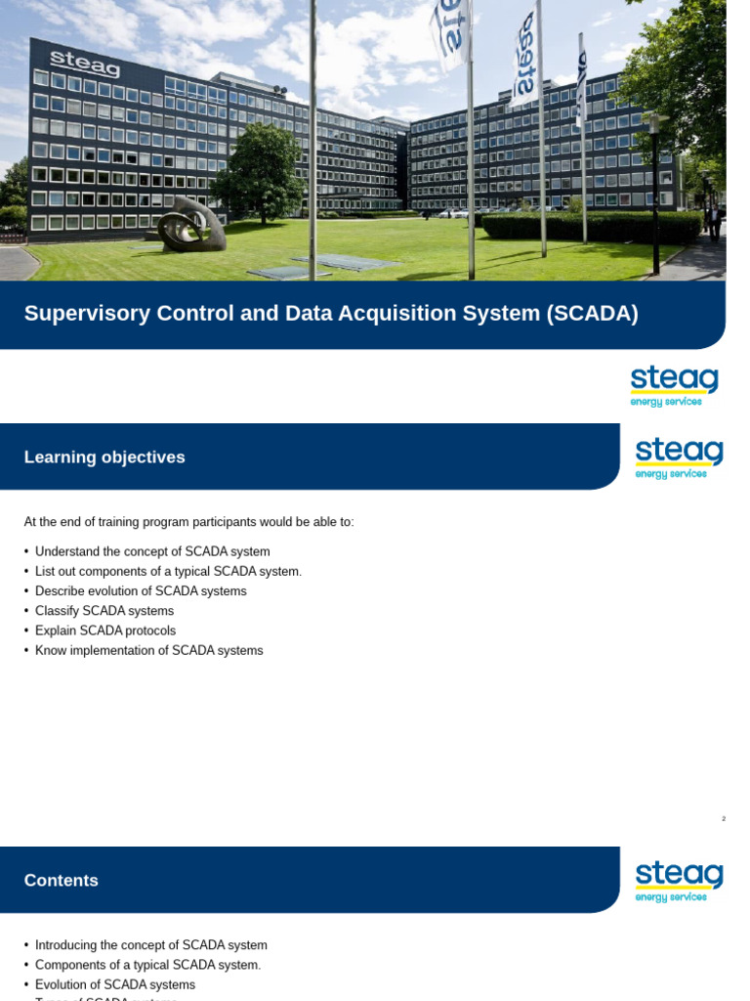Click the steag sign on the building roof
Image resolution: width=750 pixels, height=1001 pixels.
pyautogui.click(x=85, y=64)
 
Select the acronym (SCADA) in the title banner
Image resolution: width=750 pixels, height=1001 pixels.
pyautogui.click(x=592, y=314)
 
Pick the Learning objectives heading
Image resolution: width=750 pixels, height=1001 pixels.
pyautogui.click(x=104, y=457)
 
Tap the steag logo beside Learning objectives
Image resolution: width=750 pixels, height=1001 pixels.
pyautogui.click(x=679, y=458)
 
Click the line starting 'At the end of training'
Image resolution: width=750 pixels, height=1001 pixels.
pyautogui.click(x=188, y=522)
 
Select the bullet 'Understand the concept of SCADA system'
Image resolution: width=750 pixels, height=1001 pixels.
pyautogui.click(x=152, y=551)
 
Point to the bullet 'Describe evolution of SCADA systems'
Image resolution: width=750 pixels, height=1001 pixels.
pyautogui.click(x=141, y=591)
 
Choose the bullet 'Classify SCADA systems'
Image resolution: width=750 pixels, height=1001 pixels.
pyautogui.click(x=104, y=611)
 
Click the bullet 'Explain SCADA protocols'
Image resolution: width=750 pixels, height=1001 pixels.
pyautogui.click(x=105, y=631)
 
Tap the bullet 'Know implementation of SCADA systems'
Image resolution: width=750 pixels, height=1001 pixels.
pyautogui.click(x=148, y=650)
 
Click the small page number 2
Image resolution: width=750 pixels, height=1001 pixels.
pyautogui.click(x=724, y=818)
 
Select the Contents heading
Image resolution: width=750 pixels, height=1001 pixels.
pyautogui.click(x=62, y=881)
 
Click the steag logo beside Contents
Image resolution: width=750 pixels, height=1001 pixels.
pyautogui.click(x=679, y=881)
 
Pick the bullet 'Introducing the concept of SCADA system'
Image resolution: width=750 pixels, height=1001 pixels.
pyautogui.click(x=150, y=945)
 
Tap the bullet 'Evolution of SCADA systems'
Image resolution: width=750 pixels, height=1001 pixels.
pyautogui.click(x=115, y=984)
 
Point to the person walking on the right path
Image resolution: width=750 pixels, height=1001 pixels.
pyautogui.click(x=715, y=221)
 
